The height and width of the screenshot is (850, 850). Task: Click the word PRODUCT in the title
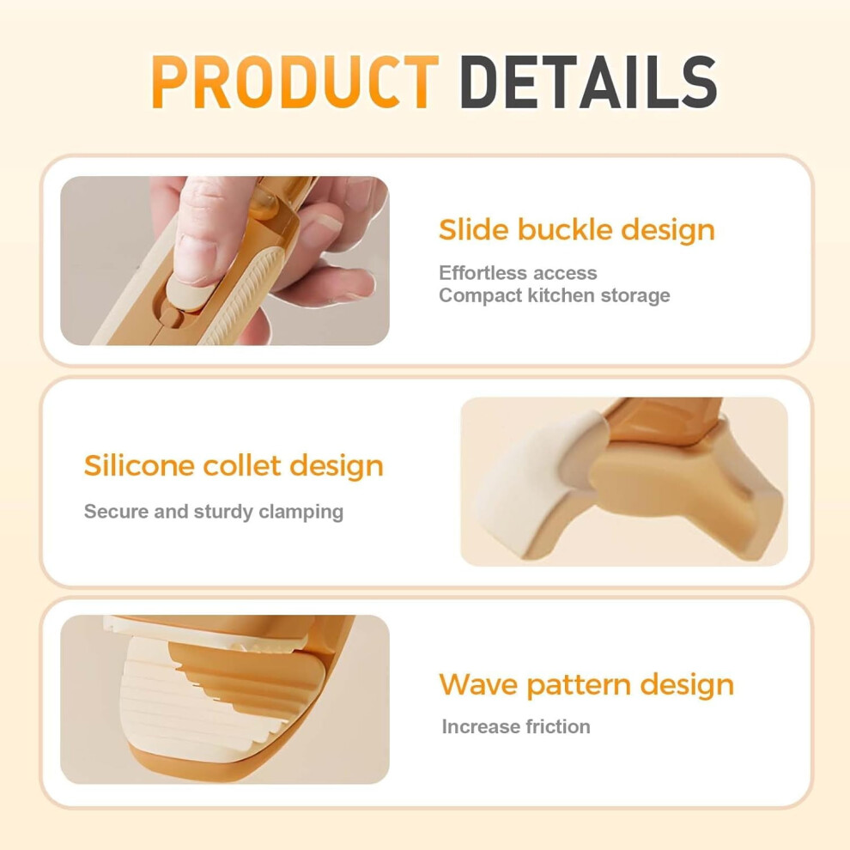294,82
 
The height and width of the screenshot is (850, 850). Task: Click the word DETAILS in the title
588,82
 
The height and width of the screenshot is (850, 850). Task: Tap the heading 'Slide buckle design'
577,230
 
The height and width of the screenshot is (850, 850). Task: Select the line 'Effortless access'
518,273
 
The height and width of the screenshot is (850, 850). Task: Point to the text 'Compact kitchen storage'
554,296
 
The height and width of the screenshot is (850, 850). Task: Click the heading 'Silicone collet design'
234,466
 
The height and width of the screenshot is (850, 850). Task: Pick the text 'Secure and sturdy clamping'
214,512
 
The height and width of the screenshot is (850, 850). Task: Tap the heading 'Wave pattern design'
586,684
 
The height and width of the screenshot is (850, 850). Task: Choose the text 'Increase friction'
516,726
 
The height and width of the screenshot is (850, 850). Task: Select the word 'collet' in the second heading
242,466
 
